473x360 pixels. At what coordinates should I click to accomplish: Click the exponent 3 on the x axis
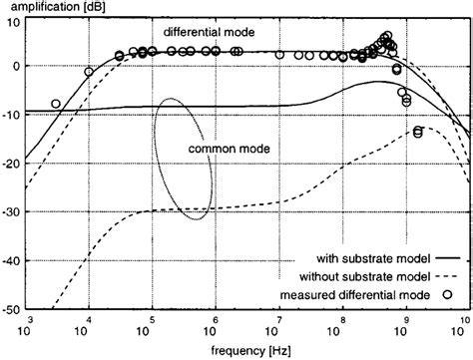pos(31,318)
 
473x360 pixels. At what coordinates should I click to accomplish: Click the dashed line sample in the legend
pos(447,276)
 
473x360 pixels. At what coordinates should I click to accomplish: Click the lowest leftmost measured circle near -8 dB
pos(56,104)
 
